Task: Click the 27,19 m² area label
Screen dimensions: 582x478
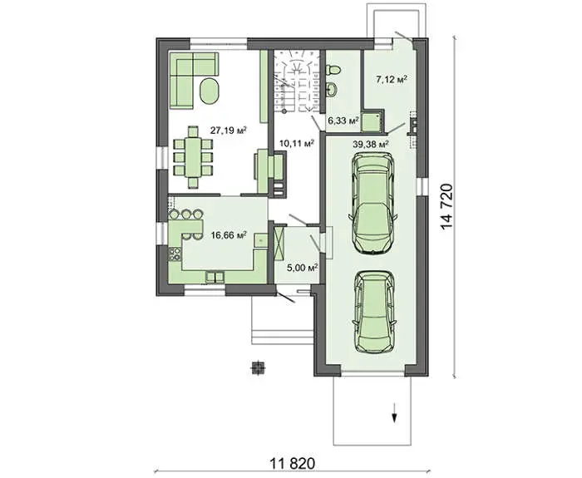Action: point(229,131)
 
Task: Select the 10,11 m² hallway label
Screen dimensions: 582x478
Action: point(297,143)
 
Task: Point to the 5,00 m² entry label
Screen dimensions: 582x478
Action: point(303,267)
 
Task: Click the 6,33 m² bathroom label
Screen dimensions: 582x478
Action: point(343,121)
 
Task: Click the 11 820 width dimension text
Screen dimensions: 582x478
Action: point(293,463)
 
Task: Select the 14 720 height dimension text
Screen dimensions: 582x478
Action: point(447,207)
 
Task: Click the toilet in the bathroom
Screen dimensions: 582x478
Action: point(333,69)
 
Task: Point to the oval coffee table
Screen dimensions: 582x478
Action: point(210,91)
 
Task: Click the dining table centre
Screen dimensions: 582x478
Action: point(193,157)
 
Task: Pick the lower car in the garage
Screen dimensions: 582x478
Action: point(374,311)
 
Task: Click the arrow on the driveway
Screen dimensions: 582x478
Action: point(394,412)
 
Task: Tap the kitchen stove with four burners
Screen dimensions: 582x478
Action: point(175,254)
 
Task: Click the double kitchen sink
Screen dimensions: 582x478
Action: point(215,277)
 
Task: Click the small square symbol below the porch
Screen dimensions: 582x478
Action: point(259,367)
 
